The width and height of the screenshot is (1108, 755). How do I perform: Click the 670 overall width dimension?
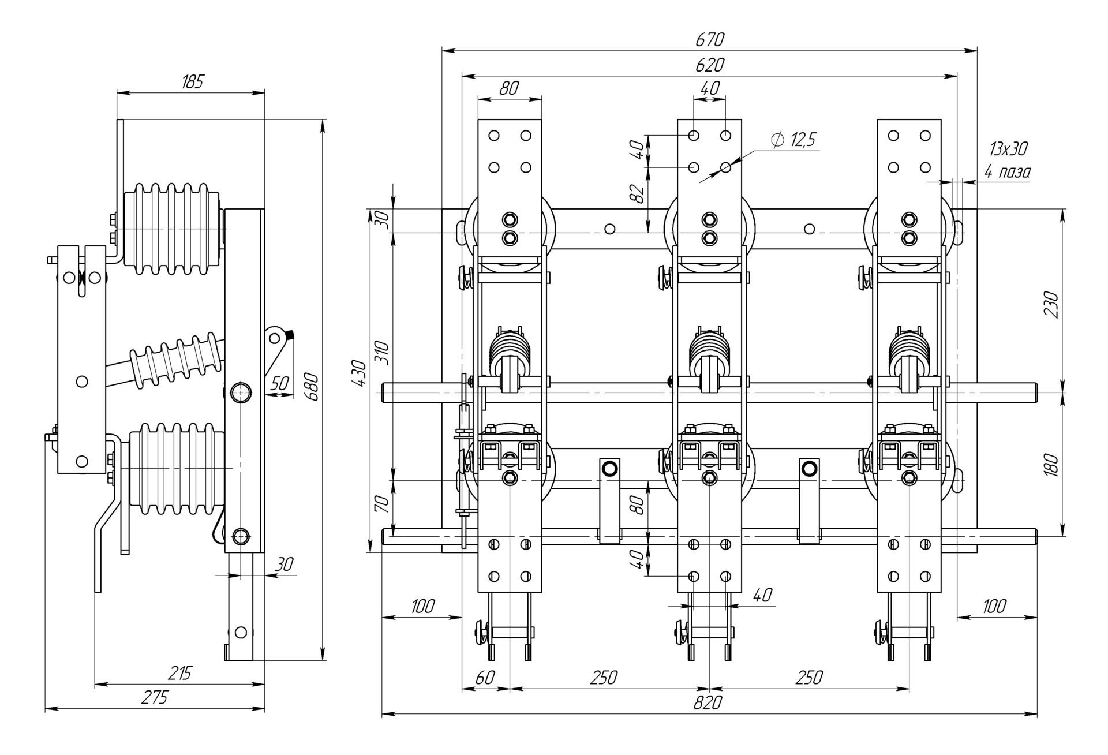709,39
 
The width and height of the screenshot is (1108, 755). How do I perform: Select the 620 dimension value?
709,65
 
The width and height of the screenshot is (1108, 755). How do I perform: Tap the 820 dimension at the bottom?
708,702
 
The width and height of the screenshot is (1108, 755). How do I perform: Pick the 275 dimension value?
155,697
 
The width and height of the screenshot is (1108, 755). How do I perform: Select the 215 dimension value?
179,673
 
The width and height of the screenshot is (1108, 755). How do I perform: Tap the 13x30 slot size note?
1008,149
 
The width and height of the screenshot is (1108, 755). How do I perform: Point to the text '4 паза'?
1007,171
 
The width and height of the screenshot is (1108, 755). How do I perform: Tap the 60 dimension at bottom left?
485,677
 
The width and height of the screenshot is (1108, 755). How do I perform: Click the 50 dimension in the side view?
279,383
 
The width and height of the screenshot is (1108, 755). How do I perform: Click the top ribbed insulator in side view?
173,229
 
